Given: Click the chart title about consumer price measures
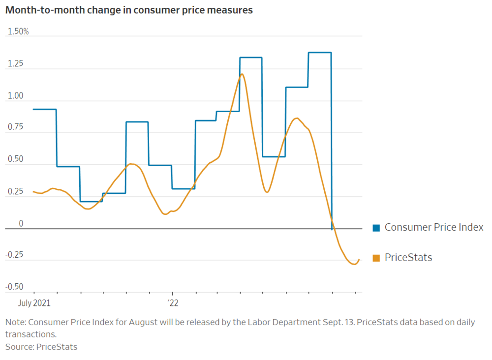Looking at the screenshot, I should click(129, 10).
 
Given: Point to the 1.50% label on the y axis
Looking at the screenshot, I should click(18, 32).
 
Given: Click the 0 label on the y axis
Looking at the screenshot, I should click(21, 224).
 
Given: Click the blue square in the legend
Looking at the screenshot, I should click(376, 227).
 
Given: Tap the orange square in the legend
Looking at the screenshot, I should click(376, 258).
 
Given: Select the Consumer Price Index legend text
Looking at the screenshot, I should click(434, 227).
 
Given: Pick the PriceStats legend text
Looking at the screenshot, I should click(408, 258).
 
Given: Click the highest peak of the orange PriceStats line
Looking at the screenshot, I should click(242, 74).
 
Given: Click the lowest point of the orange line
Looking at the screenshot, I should click(353, 264).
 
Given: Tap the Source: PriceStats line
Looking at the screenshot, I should click(41, 347).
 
